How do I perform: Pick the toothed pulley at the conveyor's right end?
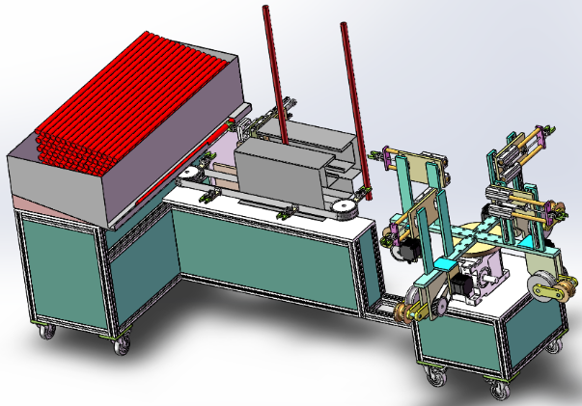pyautogui.click(x=339, y=213)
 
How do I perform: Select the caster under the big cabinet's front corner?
pyautogui.click(x=121, y=343)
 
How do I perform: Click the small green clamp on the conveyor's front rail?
pyautogui.click(x=285, y=214)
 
